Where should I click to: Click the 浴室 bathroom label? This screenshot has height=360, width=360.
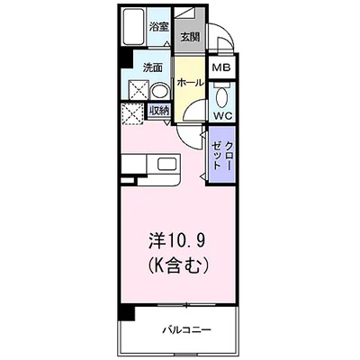159,27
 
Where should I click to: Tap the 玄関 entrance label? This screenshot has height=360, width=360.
190,37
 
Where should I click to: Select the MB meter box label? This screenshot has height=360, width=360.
221,67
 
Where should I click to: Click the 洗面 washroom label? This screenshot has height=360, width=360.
152,67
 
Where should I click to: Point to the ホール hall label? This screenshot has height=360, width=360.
190,83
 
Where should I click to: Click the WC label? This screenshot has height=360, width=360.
222,116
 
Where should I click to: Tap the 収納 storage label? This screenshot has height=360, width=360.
159,111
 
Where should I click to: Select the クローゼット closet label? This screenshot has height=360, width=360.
222,156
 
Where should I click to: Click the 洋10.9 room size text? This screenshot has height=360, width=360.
177,240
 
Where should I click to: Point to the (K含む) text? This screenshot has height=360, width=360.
177,265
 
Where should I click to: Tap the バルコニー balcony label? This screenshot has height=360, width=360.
186,330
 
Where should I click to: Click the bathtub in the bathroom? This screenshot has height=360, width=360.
134,27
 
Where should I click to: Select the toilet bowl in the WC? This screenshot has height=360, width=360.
222,98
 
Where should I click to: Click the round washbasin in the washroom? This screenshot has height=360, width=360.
159,91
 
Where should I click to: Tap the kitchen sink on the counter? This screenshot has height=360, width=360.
168,165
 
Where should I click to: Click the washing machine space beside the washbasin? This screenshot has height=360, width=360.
139,90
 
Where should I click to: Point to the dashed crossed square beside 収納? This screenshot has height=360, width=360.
133,113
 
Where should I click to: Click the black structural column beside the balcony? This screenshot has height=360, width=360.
126,311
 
